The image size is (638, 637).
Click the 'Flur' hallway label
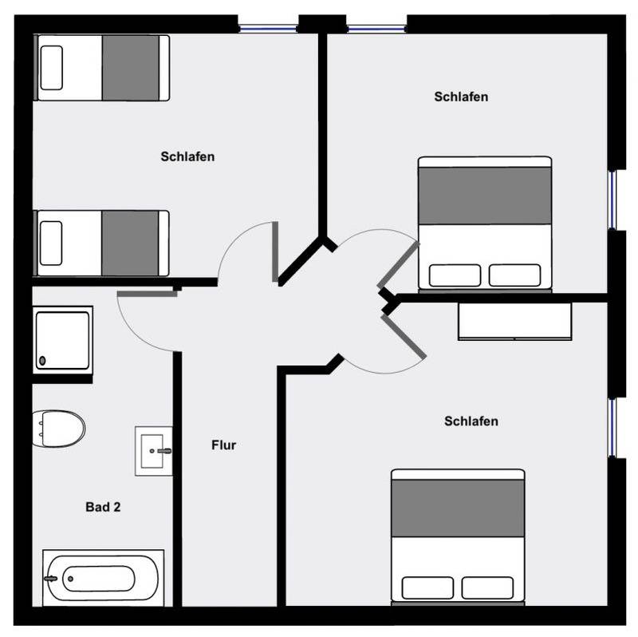[x=223, y=445]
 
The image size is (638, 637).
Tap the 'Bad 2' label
[x=103, y=507]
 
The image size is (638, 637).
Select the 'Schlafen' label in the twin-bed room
[x=187, y=156]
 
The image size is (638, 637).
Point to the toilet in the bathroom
[x=58, y=429]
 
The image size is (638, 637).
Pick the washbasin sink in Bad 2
[x=154, y=451]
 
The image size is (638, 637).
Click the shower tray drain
[x=42, y=361]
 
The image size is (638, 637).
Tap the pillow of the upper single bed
[x=52, y=68]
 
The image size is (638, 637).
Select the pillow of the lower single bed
[x=51, y=243]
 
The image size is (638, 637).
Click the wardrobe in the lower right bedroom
[x=514, y=321]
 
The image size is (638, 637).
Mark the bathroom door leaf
[x=148, y=294]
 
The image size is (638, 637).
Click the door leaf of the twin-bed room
[x=275, y=251]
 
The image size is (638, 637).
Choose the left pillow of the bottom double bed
[x=427, y=588]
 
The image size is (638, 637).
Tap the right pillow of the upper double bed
[x=514, y=275]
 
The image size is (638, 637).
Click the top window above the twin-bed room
[x=268, y=29]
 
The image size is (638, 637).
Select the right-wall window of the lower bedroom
[x=612, y=428]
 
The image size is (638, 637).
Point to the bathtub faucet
[x=51, y=579]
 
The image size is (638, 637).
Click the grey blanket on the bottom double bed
[x=458, y=508]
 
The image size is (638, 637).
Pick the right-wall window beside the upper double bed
[x=612, y=200]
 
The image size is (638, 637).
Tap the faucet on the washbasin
[x=164, y=451]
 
